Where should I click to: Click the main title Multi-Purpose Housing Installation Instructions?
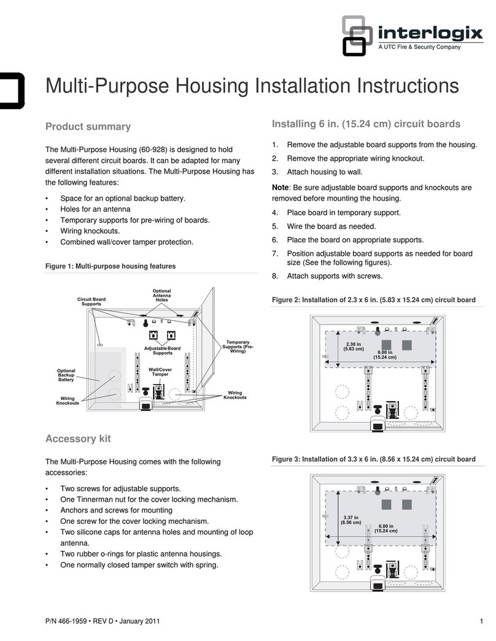[252, 85]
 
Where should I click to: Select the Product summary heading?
[88, 127]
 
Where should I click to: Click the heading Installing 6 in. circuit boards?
[365, 124]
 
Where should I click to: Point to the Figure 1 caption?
[110, 266]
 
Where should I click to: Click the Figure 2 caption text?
[373, 300]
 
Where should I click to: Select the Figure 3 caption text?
[373, 459]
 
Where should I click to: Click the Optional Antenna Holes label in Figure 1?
[162, 295]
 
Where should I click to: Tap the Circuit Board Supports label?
[91, 302]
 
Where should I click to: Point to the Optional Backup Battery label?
[66, 375]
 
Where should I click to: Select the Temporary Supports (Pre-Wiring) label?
[238, 347]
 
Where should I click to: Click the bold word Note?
[282, 188]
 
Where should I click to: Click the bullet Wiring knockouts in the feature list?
[90, 231]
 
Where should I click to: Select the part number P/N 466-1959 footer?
[103, 621]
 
